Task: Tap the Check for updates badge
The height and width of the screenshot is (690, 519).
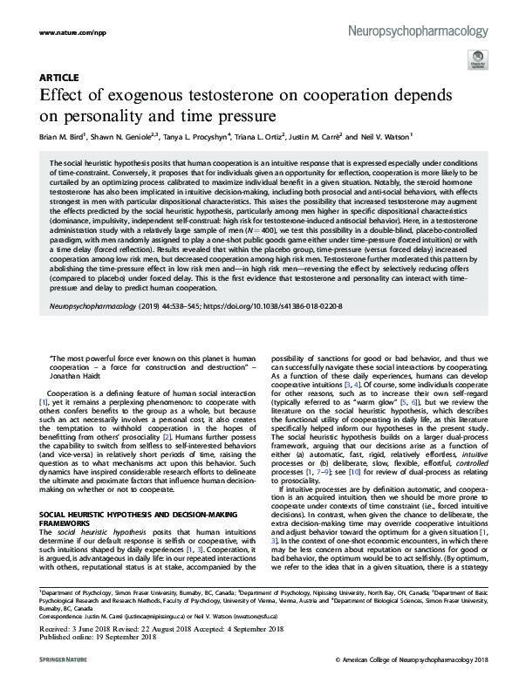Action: (x=477, y=61)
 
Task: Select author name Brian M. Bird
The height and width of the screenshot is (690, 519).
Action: (x=66, y=135)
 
